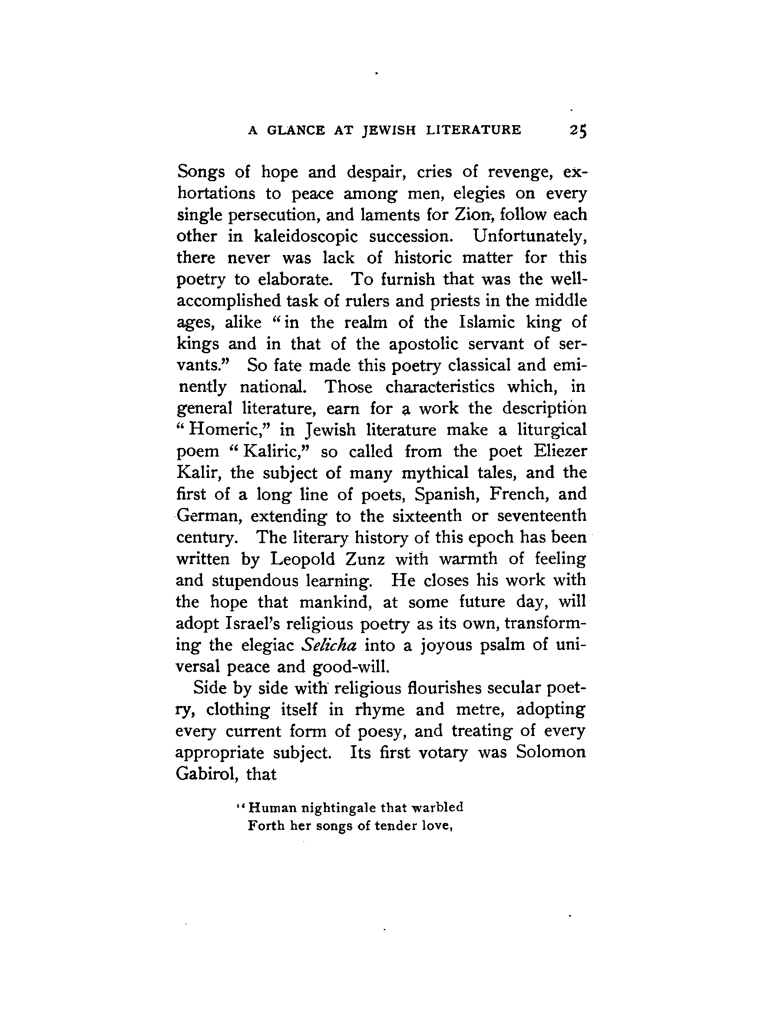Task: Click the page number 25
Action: click(578, 130)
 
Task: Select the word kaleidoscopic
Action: click(305, 236)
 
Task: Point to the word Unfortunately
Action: click(529, 236)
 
